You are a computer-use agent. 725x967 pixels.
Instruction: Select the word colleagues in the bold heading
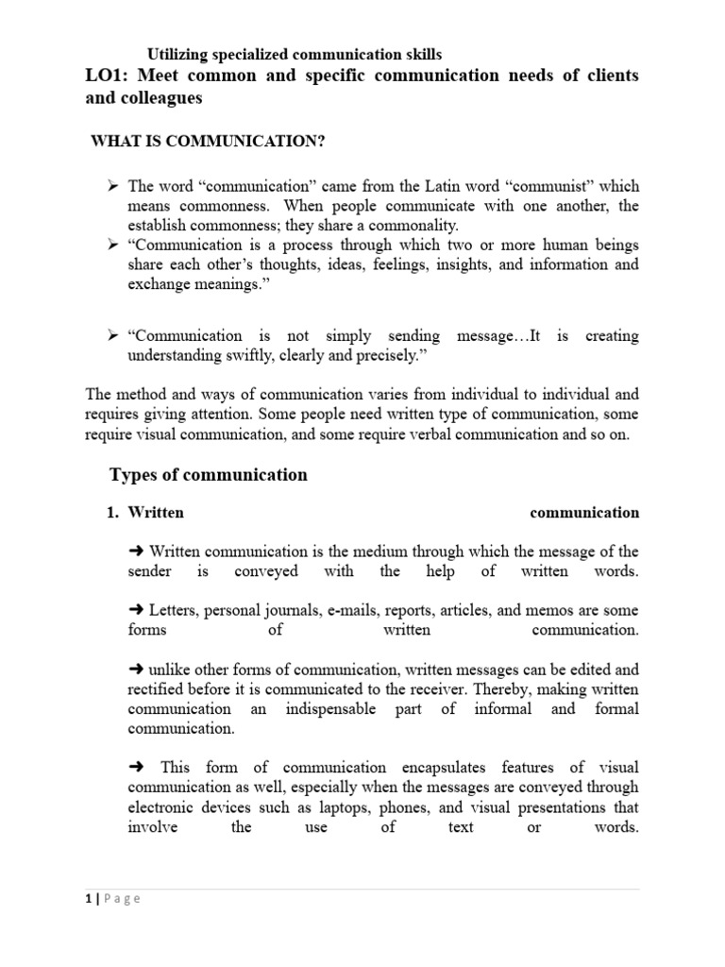pyautogui.click(x=161, y=97)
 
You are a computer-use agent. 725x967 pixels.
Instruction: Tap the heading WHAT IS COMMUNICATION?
pyautogui.click(x=208, y=142)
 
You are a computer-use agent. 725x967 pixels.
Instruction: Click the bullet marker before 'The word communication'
pyautogui.click(x=112, y=186)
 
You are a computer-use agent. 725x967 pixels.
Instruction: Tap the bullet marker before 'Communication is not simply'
pyautogui.click(x=112, y=335)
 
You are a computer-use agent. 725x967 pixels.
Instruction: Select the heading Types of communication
pyautogui.click(x=208, y=475)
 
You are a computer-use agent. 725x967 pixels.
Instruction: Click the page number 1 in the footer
pyautogui.click(x=87, y=898)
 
